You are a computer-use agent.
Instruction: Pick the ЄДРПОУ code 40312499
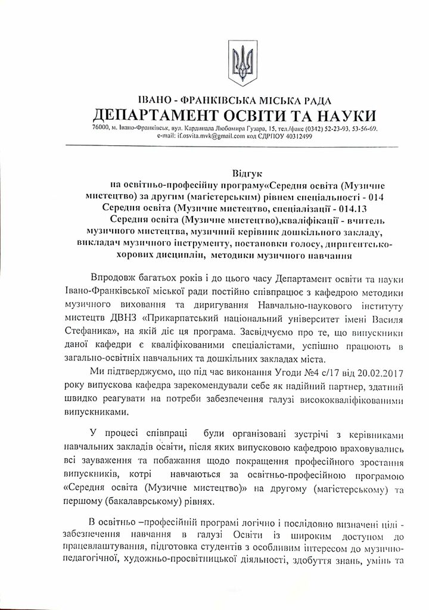pos(283,136)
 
